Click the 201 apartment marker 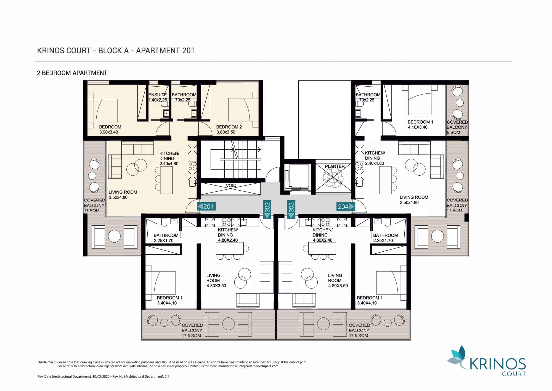click(x=206, y=206)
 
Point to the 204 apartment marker click(x=346, y=206)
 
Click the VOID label click(x=231, y=186)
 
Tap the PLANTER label click(x=335, y=166)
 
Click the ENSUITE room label click(x=158, y=95)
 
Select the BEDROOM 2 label click(x=229, y=127)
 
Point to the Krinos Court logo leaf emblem click(x=457, y=358)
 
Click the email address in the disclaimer click(x=259, y=366)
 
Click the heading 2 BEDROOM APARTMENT click(x=72, y=73)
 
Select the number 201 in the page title click(x=188, y=51)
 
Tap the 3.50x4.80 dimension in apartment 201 click(x=118, y=197)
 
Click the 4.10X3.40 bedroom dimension click(x=418, y=127)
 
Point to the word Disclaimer click(x=46, y=362)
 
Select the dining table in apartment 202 click(x=230, y=248)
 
